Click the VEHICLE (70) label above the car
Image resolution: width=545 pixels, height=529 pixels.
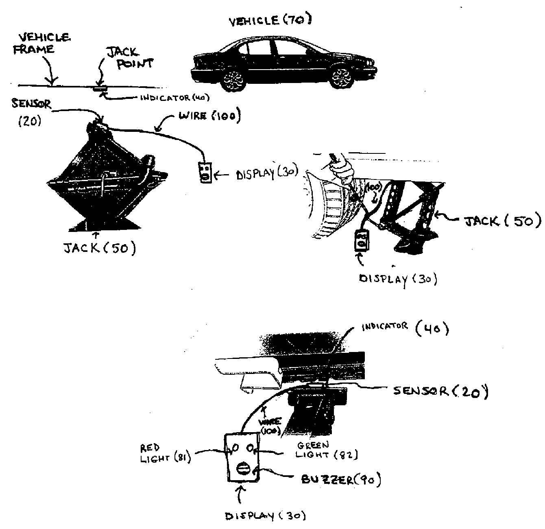[270, 21]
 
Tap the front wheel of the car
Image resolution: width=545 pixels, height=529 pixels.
[341, 79]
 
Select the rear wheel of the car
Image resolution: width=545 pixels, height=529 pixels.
[233, 80]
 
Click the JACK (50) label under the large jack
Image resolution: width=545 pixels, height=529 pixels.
[99, 248]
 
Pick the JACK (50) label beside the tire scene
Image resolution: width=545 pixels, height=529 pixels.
[502, 221]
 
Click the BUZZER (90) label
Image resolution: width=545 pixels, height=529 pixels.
[340, 480]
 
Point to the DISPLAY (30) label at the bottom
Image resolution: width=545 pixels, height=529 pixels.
[265, 516]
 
